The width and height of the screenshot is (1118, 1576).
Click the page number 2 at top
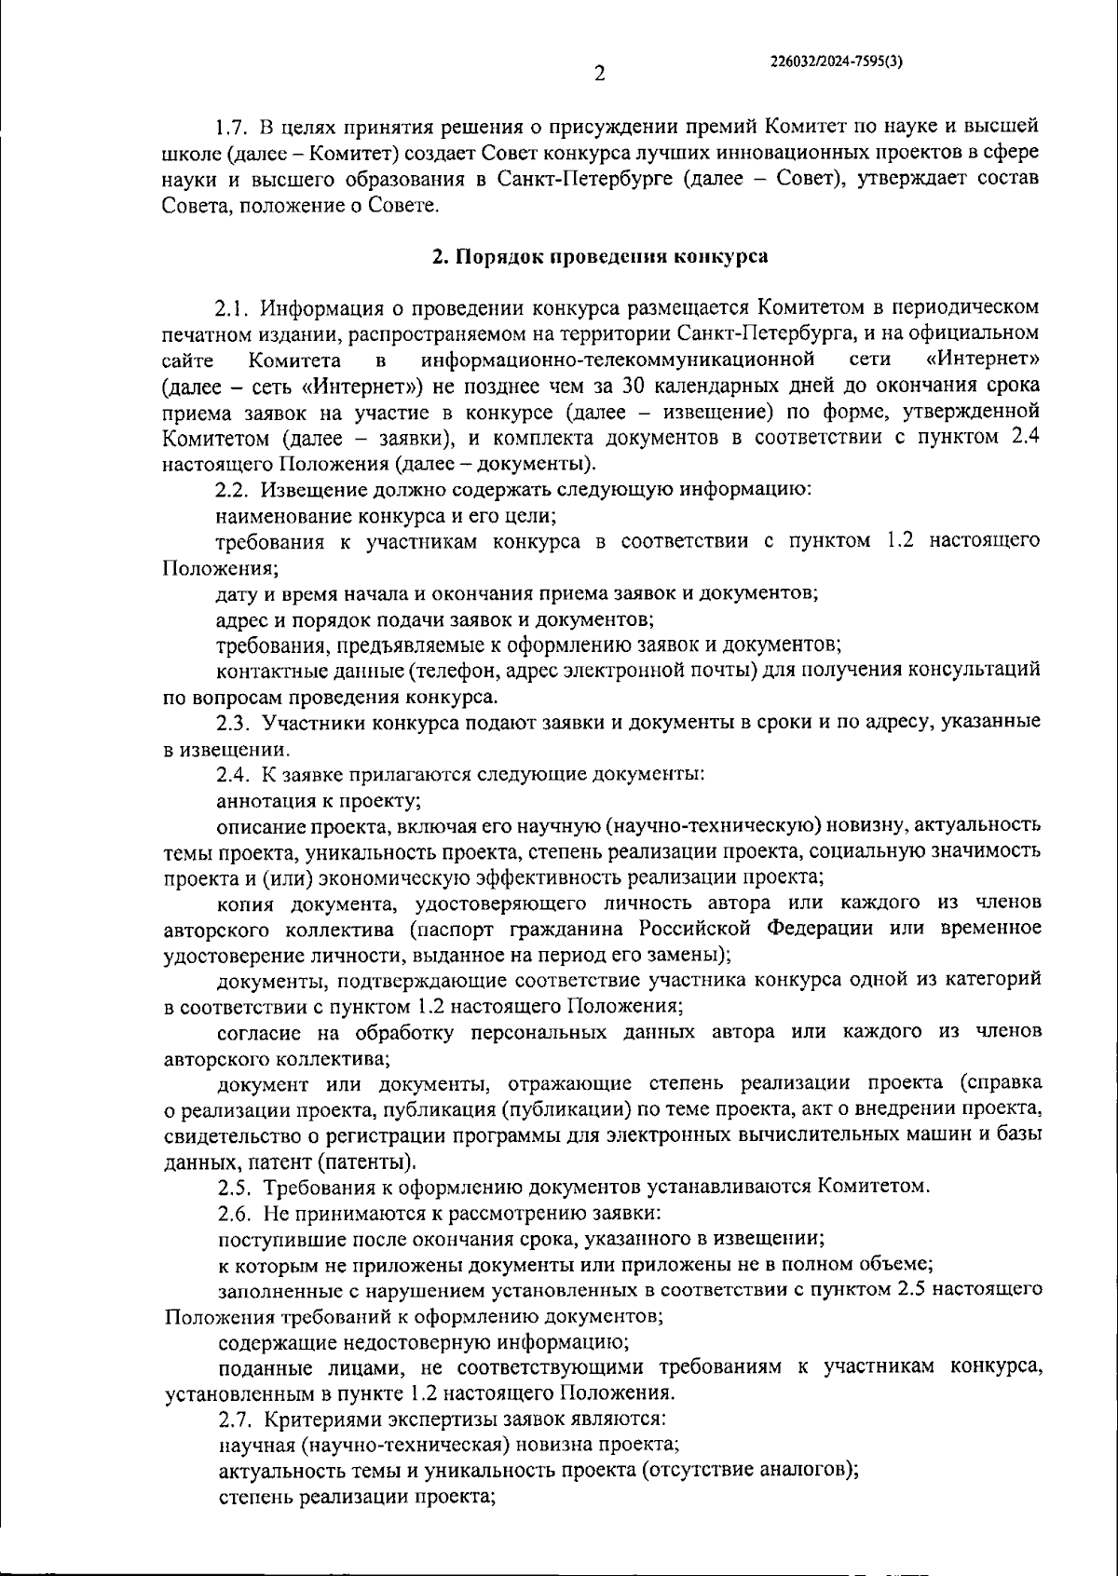(x=600, y=74)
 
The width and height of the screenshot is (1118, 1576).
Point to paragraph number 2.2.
(x=233, y=490)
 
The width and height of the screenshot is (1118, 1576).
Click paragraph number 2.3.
(x=233, y=722)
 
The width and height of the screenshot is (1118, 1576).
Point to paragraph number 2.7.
(x=235, y=1420)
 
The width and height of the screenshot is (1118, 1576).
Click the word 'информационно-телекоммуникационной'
(x=619, y=360)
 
